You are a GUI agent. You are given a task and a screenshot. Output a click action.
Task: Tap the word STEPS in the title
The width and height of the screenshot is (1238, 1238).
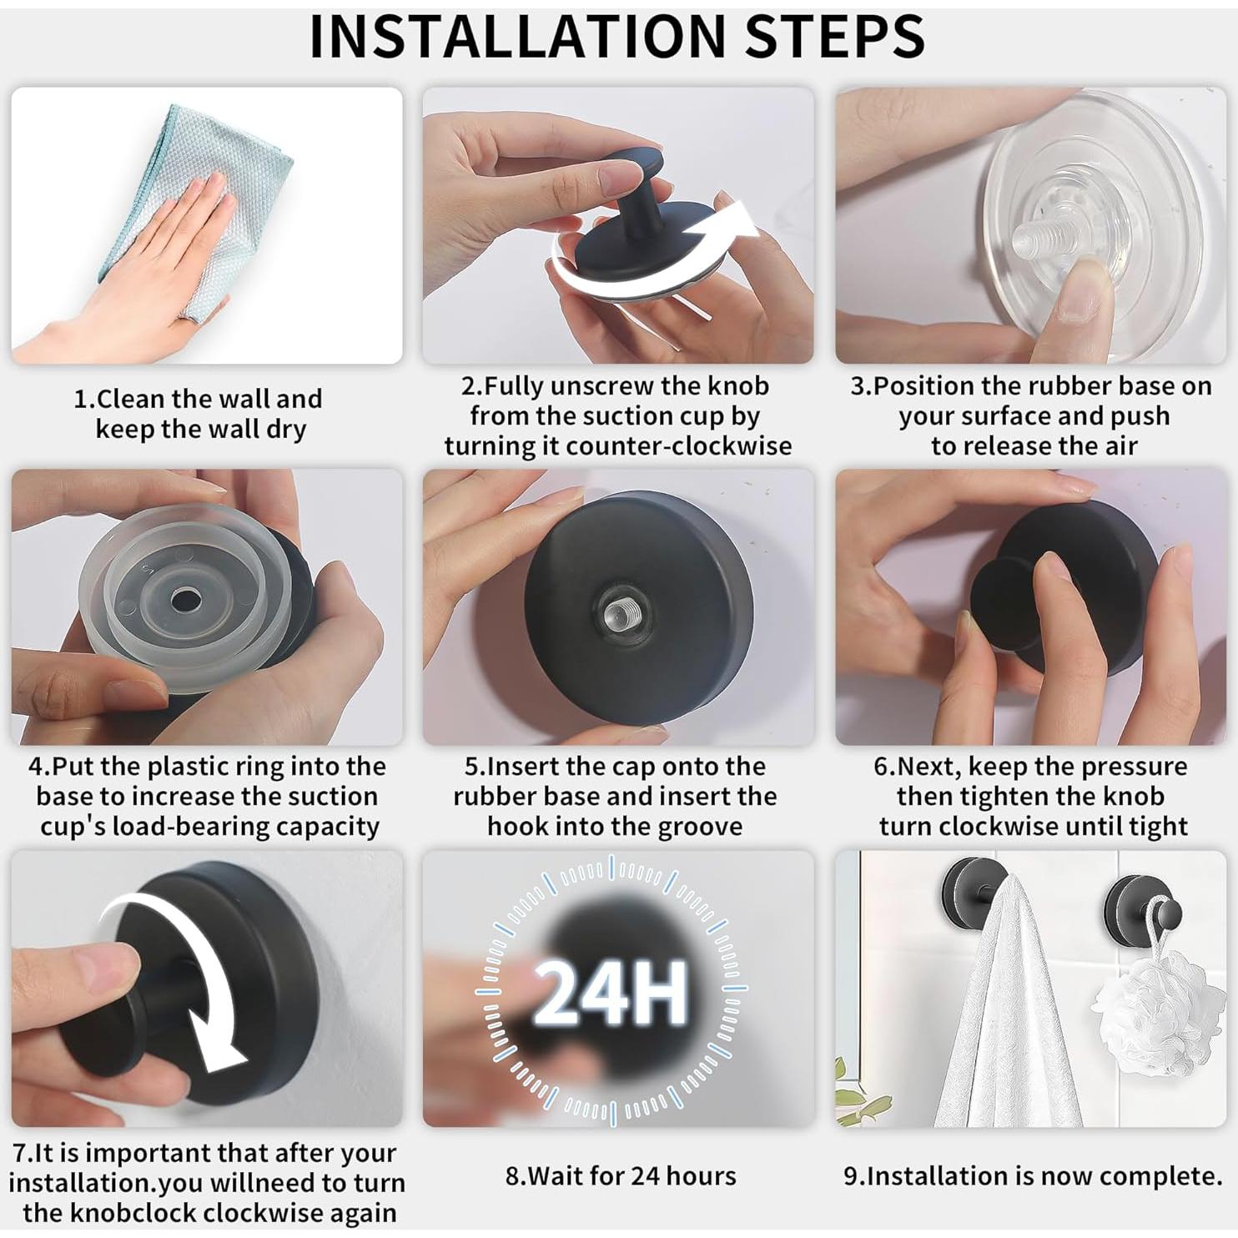click(835, 36)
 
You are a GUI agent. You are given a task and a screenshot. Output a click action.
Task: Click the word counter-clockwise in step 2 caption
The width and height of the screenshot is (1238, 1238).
click(679, 445)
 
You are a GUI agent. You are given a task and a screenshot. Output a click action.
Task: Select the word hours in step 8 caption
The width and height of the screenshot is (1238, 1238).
click(701, 1176)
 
